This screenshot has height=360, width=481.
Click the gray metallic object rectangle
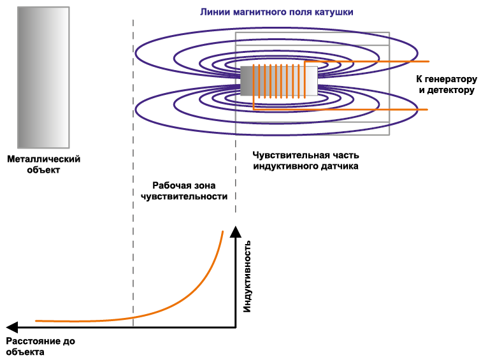[43, 77]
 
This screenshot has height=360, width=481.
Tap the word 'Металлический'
[44, 159]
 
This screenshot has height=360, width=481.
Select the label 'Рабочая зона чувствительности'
[184, 191]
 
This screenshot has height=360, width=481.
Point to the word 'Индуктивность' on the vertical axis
[248, 276]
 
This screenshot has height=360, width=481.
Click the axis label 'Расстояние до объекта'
[40, 347]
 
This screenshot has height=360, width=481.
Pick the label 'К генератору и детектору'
[446, 85]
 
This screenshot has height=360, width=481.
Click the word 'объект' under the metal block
[44, 170]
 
